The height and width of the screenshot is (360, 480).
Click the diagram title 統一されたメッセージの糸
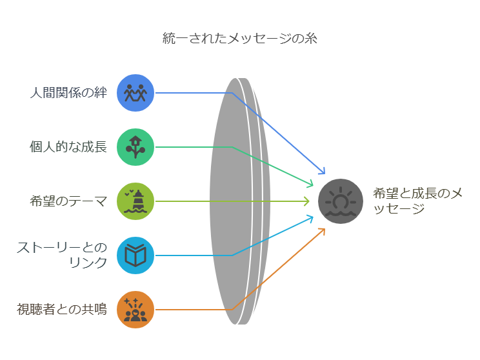pyautogui.click(x=240, y=38)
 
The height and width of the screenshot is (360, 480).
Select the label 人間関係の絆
pyautogui.click(x=68, y=92)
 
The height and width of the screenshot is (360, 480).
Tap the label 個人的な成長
pyautogui.click(x=68, y=147)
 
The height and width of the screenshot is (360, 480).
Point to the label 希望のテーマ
pyautogui.click(x=68, y=201)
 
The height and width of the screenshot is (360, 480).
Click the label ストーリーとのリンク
pyautogui.click(x=62, y=255)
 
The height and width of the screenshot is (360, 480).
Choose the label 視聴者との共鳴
pyautogui.click(x=62, y=309)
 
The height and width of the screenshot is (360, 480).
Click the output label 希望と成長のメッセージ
pyautogui.click(x=417, y=201)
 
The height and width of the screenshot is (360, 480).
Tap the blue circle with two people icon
pyautogui.click(x=135, y=93)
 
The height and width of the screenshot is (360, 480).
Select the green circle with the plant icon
pyautogui.click(x=135, y=147)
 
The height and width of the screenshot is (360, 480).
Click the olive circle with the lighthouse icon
pyautogui.click(x=135, y=201)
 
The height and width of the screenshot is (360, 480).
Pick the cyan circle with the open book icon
pyautogui.click(x=135, y=255)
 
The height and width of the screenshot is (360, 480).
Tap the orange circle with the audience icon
pyautogui.click(x=135, y=310)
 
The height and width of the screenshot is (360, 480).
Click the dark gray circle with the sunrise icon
pyautogui.click(x=341, y=201)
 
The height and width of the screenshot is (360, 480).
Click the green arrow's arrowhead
pyautogui.click(x=310, y=184)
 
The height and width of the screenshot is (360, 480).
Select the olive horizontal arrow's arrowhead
pyautogui.click(x=306, y=201)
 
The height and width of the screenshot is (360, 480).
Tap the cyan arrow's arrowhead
pyautogui.click(x=310, y=219)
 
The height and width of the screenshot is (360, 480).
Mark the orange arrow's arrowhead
pyautogui.click(x=322, y=231)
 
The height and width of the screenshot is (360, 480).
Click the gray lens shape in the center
pyautogui.click(x=233, y=201)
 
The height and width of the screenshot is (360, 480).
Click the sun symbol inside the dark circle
pyautogui.click(x=341, y=198)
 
